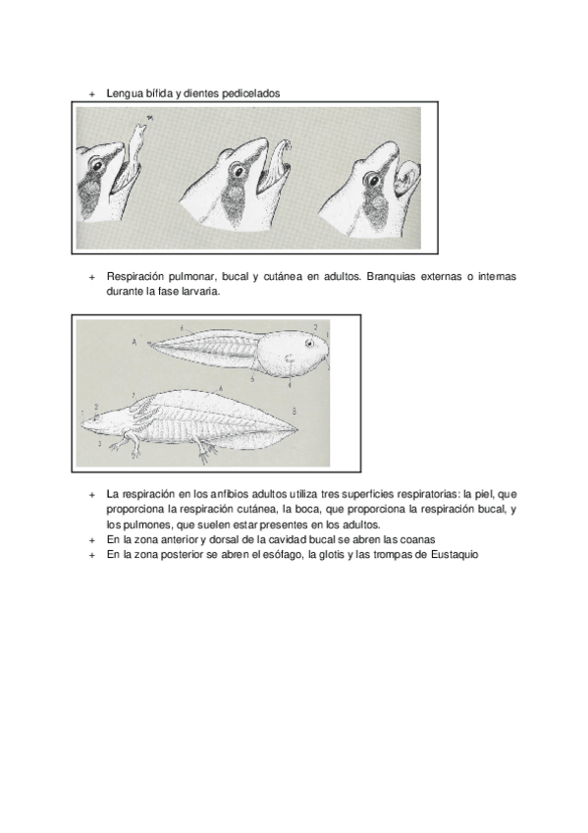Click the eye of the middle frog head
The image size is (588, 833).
(x=236, y=171)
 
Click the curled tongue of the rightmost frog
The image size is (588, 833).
(x=407, y=179)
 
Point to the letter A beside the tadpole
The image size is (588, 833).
(x=134, y=343)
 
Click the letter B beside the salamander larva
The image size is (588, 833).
(x=294, y=411)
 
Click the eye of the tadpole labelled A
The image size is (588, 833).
(x=309, y=344)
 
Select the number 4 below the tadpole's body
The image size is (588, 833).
(x=290, y=385)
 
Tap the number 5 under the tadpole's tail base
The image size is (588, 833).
(x=252, y=379)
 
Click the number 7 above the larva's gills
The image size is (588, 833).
(x=134, y=395)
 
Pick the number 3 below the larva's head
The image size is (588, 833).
(x=99, y=442)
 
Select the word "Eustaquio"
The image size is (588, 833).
(x=454, y=555)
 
